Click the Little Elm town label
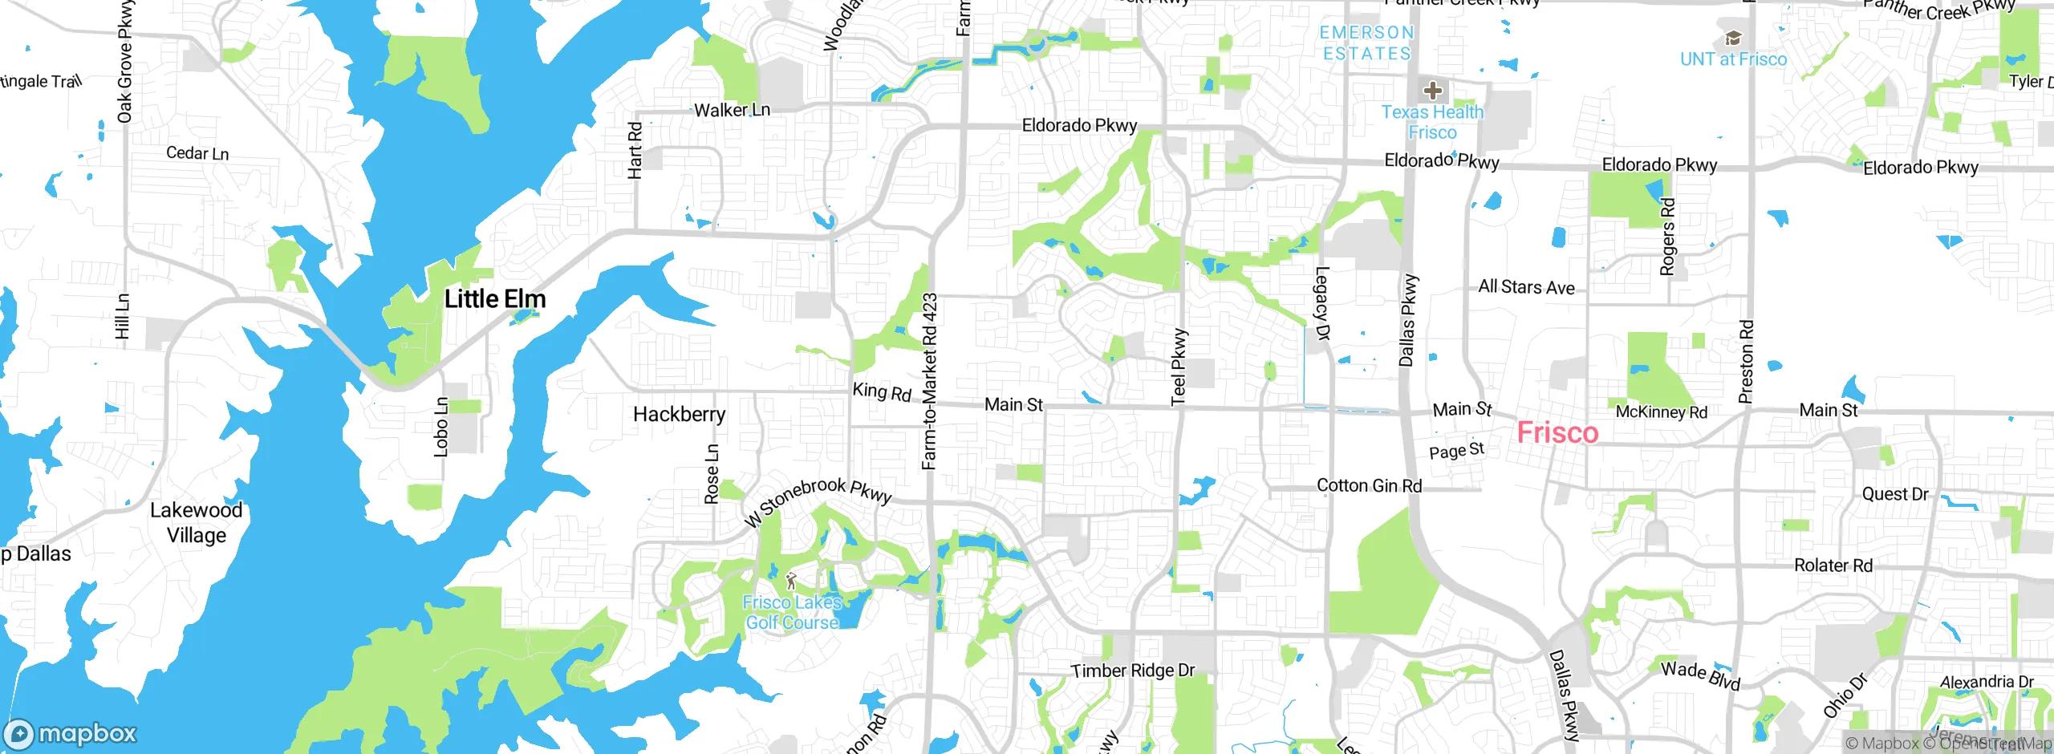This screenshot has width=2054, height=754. pos(495,299)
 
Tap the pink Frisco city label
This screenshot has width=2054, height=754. pos(1557,433)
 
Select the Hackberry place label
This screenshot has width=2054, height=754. pos(679,414)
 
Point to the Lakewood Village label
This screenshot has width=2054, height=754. pos(196,522)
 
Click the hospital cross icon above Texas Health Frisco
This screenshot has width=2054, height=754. pos(1433,90)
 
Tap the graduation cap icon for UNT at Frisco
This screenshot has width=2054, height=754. pos(1733,39)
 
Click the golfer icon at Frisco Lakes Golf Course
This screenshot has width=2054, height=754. pos(791,580)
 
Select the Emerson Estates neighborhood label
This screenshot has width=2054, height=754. pos(1366,43)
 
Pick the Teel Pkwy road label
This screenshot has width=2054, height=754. pos(1179,367)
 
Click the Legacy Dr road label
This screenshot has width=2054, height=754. pos(1322,303)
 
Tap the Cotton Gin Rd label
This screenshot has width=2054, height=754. pos(1369,485)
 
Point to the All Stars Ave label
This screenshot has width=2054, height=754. pos(1526,287)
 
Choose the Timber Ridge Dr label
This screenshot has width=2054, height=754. pos(1133,671)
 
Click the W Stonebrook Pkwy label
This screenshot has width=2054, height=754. pos(817,501)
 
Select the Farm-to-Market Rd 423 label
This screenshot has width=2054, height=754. pos(929,382)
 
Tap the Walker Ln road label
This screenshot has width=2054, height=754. pos(732,111)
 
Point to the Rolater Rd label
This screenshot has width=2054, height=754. pos(1833,565)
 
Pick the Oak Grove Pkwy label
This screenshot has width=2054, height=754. pos(124,63)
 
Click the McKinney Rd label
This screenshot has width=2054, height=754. pos(1661,412)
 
